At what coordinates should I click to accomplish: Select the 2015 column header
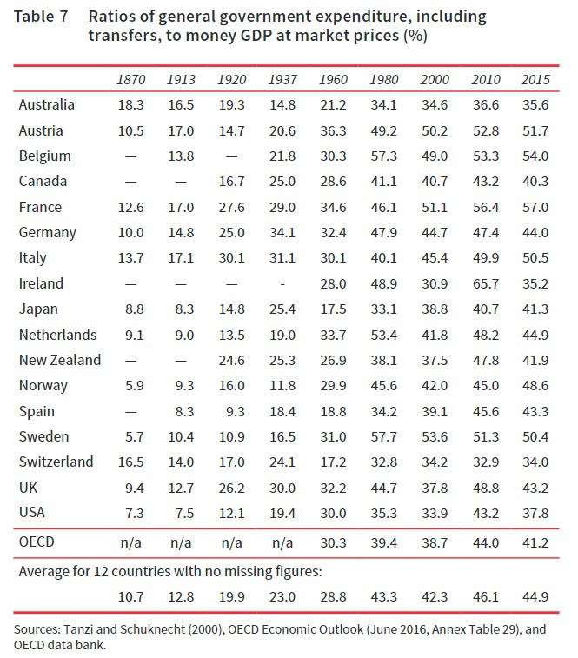click(x=536, y=80)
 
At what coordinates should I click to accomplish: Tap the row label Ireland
click(x=40, y=283)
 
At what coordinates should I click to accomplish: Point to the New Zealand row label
click(x=59, y=360)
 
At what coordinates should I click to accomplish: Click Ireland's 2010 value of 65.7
click(x=487, y=283)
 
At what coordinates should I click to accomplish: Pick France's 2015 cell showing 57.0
click(x=536, y=207)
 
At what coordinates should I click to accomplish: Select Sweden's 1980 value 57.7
click(x=384, y=436)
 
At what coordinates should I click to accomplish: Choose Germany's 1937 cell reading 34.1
click(x=283, y=232)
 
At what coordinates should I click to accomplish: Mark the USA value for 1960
click(x=334, y=513)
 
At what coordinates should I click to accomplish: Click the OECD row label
click(x=37, y=543)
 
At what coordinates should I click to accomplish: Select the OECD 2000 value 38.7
click(x=435, y=543)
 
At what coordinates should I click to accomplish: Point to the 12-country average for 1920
click(x=233, y=596)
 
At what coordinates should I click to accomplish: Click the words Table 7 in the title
click(x=42, y=17)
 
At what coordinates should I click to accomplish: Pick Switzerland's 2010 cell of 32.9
click(x=487, y=462)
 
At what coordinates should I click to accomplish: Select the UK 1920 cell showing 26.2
click(x=233, y=488)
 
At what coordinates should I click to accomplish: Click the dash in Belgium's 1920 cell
click(x=233, y=156)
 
